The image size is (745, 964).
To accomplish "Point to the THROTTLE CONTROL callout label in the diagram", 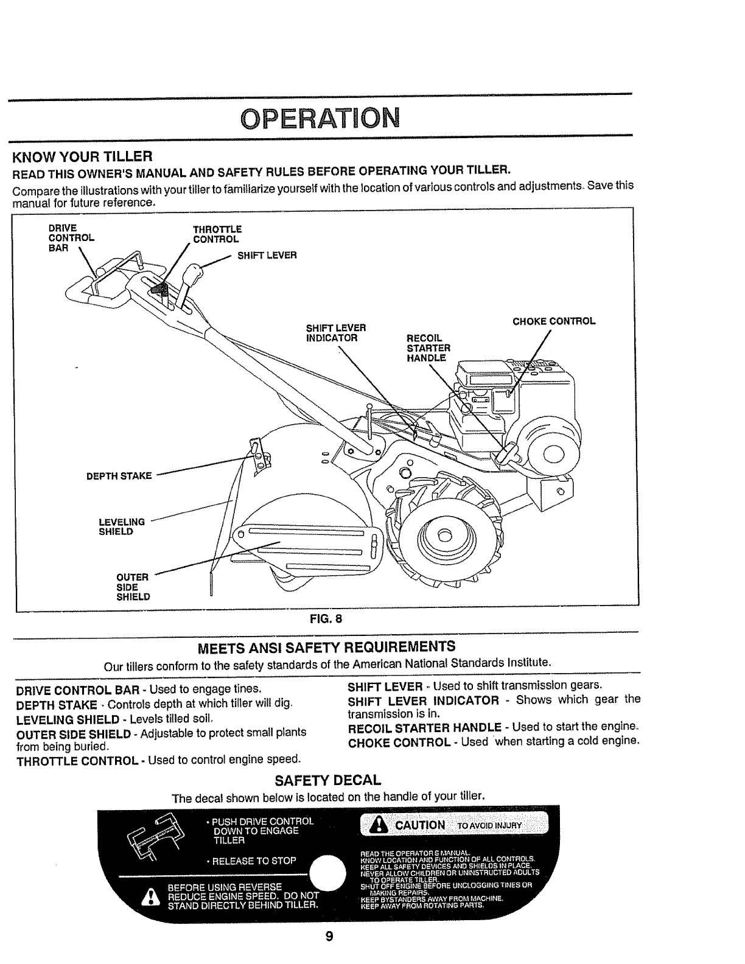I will (216, 234).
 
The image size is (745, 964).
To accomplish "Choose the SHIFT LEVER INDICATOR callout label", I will (335, 333).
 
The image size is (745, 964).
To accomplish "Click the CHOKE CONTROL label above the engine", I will (553, 321).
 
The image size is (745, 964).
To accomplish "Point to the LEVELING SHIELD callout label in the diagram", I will (121, 526).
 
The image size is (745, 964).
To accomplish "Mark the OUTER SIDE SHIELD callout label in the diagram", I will (133, 587).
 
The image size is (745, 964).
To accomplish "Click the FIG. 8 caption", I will (326, 620).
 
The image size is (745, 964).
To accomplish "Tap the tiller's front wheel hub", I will (444, 536).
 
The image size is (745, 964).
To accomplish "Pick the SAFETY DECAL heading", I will (327, 780).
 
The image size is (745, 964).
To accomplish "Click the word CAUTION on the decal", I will (420, 825).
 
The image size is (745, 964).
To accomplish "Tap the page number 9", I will (329, 937).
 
